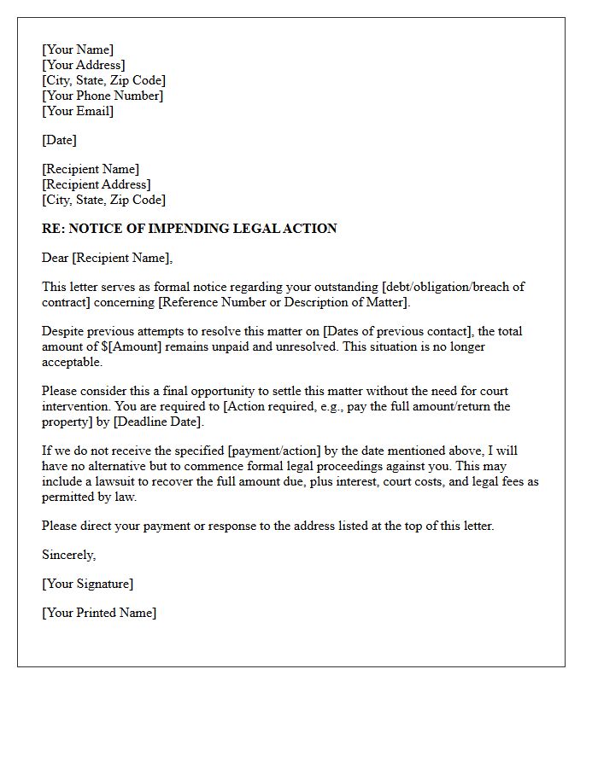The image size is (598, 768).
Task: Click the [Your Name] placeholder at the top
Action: point(78,49)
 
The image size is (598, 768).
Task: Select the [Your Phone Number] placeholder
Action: point(103,96)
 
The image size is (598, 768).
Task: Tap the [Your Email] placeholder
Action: point(78,111)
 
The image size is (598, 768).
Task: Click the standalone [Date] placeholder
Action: point(60,140)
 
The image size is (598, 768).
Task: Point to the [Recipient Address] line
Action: point(97,184)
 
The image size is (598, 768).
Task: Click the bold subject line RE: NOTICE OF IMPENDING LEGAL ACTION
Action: point(189,229)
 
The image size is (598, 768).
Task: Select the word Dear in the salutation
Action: point(56,258)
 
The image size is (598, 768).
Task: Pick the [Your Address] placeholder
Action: point(84,65)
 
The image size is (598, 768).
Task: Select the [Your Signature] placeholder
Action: point(88,584)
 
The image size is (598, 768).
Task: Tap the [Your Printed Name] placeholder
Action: point(99,613)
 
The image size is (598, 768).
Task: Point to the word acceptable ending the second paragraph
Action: point(72,362)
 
